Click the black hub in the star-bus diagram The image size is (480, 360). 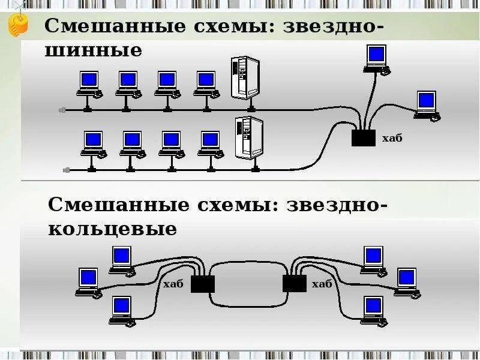point(363,138)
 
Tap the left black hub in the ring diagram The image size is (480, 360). point(203,283)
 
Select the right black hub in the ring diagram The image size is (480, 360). point(294,283)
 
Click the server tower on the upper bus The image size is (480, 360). point(245,78)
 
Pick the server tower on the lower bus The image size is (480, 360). point(249,138)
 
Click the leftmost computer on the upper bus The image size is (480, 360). point(89,83)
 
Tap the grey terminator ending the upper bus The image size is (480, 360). point(62,110)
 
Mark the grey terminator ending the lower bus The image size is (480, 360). point(66,170)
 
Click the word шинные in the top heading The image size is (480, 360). point(94,51)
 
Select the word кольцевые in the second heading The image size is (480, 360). point(112,229)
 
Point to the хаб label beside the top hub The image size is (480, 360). point(392,139)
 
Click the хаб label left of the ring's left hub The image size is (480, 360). point(173,284)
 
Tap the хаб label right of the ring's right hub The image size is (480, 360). point(322,284)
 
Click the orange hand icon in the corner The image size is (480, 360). point(18,24)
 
